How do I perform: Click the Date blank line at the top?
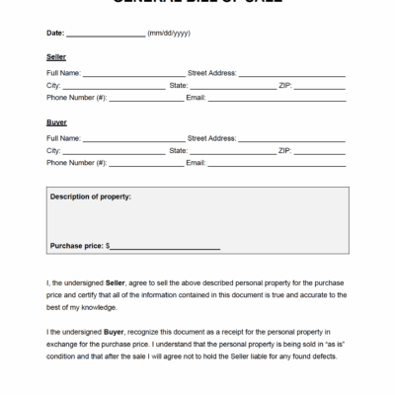[x=106, y=35]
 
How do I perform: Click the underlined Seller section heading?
[x=56, y=57]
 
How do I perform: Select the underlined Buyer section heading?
[x=56, y=121]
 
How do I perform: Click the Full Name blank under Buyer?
[x=133, y=139]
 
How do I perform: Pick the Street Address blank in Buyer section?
[x=293, y=139]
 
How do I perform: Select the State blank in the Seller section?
[x=232, y=87]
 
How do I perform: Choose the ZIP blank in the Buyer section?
[x=320, y=151]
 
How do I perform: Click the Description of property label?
[x=90, y=197]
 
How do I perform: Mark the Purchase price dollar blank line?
[x=166, y=247]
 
